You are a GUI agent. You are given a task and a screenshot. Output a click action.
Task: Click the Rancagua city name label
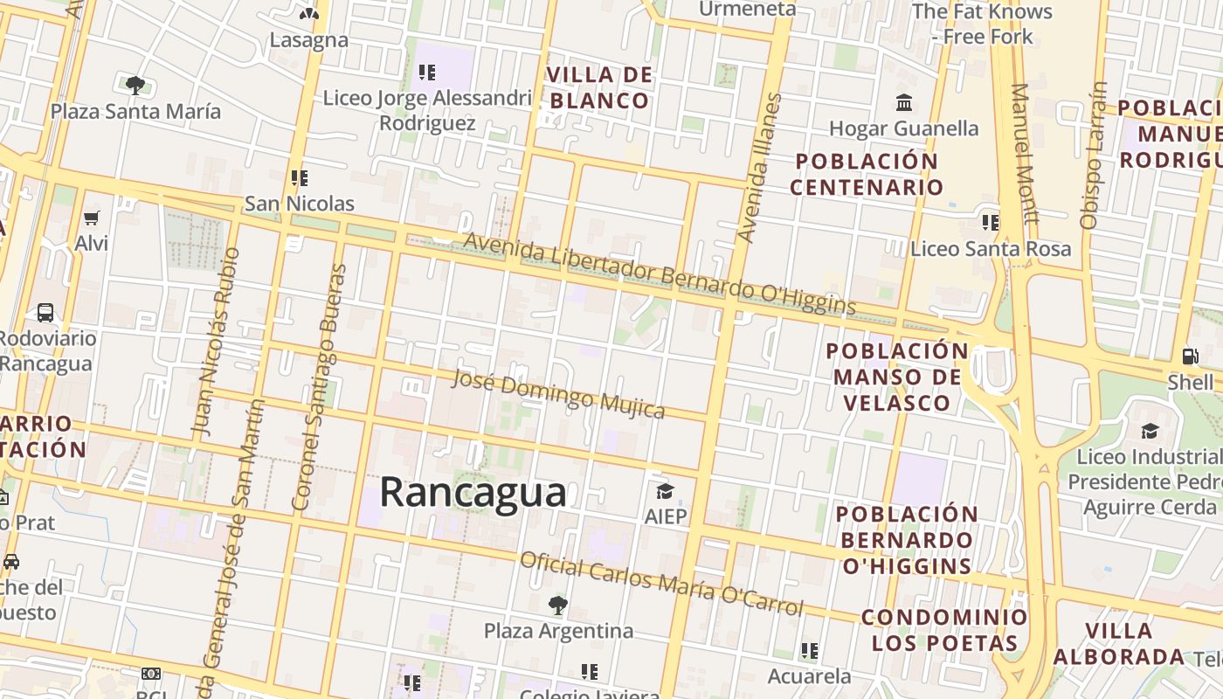click(x=473, y=493)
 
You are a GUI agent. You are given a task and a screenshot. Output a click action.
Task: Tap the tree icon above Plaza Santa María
click(x=135, y=85)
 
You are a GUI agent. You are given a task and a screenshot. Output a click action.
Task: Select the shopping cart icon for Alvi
click(x=91, y=218)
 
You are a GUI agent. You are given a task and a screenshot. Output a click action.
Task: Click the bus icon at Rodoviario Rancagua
click(x=45, y=312)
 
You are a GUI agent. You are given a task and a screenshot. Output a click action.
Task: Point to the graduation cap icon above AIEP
click(x=665, y=491)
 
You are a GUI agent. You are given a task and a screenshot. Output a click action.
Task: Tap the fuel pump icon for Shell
click(x=1190, y=356)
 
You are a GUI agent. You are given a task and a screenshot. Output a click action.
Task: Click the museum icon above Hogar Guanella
click(x=904, y=103)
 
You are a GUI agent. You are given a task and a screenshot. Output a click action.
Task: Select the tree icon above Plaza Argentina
click(x=557, y=604)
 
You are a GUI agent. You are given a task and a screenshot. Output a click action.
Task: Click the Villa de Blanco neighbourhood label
click(x=600, y=87)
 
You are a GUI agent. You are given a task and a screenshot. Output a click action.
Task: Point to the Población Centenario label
click(x=867, y=174)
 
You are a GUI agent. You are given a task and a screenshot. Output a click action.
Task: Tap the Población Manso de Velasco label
click(x=896, y=377)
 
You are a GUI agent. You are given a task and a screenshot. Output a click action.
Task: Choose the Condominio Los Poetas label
click(x=944, y=630)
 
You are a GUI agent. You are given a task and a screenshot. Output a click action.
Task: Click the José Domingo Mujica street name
click(x=557, y=394)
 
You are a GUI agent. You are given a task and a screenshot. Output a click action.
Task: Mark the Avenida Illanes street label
click(x=757, y=168)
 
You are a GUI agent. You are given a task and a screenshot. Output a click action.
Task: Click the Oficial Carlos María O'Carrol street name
click(x=661, y=584)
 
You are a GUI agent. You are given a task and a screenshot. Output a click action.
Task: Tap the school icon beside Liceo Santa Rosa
click(x=990, y=222)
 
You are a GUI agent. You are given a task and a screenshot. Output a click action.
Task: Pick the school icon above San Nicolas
click(x=300, y=178)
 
